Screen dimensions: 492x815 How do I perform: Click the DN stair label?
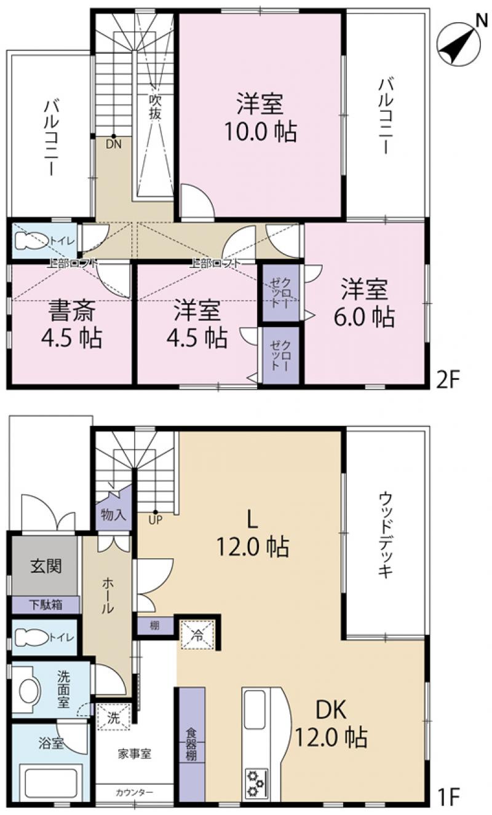click(x=114, y=144)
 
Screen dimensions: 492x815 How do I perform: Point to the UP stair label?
click(x=155, y=520)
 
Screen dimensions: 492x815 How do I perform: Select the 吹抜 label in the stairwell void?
click(x=155, y=107)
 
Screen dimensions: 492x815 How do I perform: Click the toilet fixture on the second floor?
click(x=32, y=240)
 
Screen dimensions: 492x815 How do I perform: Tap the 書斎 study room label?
click(x=72, y=310)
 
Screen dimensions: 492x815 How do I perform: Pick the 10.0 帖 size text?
click(x=260, y=132)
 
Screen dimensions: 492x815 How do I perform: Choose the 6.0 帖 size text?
click(x=364, y=317)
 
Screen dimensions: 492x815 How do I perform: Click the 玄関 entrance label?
click(x=46, y=566)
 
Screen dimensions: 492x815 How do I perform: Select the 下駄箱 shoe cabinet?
click(x=46, y=605)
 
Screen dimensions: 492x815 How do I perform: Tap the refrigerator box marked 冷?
click(x=199, y=634)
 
